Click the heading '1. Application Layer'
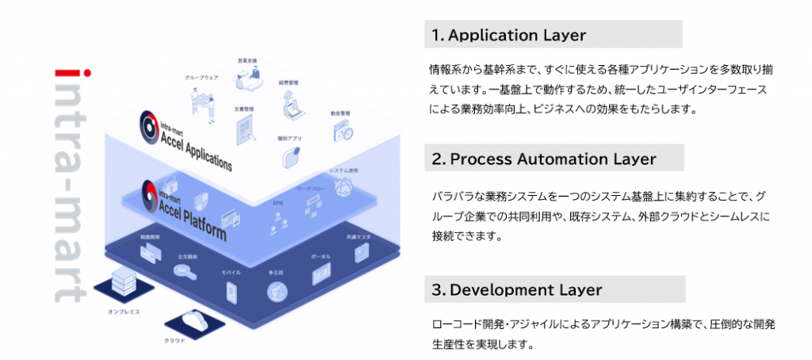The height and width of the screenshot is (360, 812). [508, 35]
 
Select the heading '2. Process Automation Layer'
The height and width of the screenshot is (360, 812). [545, 159]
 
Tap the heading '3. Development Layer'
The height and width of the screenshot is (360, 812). [517, 289]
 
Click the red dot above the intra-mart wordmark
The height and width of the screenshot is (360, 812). [87, 74]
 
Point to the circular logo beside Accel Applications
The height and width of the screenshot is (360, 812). [149, 124]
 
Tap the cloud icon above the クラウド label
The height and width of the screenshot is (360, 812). [193, 320]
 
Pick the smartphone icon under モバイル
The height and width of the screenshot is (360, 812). [231, 291]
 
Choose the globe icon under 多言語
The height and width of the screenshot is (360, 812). [278, 291]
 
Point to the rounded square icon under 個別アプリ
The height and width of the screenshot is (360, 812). [290, 155]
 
